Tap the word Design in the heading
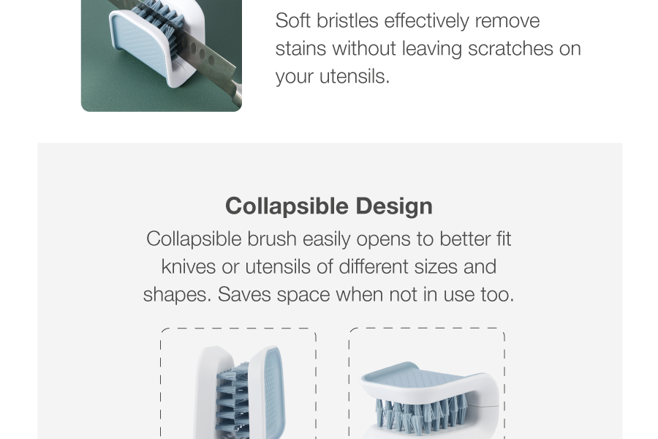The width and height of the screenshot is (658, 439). coord(394,206)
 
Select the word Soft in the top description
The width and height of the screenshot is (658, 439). coord(292,20)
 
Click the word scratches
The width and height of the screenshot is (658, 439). coord(510,48)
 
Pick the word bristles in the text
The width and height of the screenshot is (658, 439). coord(347,20)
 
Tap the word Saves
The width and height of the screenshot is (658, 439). coord(244,294)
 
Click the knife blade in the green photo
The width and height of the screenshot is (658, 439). coord(205,58)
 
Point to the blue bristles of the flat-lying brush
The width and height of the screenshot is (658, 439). coord(422,416)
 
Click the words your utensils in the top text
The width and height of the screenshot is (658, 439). coord(333,76)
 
